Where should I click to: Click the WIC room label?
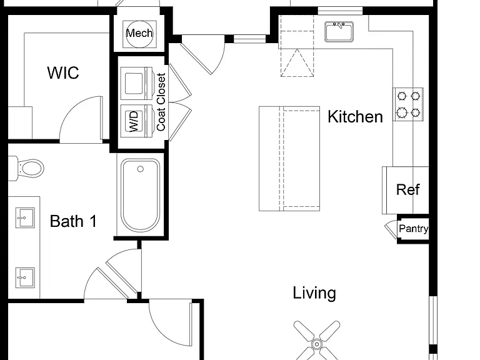click(63, 73)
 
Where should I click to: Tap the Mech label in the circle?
click(139, 33)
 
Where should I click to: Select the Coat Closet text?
click(161, 102)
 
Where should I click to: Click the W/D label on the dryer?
click(134, 121)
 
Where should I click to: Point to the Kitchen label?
click(355, 117)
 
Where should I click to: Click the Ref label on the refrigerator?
click(407, 189)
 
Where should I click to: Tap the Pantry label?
click(414, 228)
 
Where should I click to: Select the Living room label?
click(314, 293)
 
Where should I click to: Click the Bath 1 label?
click(73, 221)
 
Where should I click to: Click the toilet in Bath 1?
click(26, 168)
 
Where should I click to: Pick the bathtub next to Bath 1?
click(140, 195)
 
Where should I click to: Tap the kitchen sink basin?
click(339, 31)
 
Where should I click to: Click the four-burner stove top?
click(408, 104)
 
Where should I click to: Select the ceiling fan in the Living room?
click(317, 341)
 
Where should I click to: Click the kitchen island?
click(289, 159)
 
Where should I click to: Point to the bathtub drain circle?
click(140, 169)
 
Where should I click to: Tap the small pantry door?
click(391, 229)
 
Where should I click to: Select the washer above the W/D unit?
click(136, 83)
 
